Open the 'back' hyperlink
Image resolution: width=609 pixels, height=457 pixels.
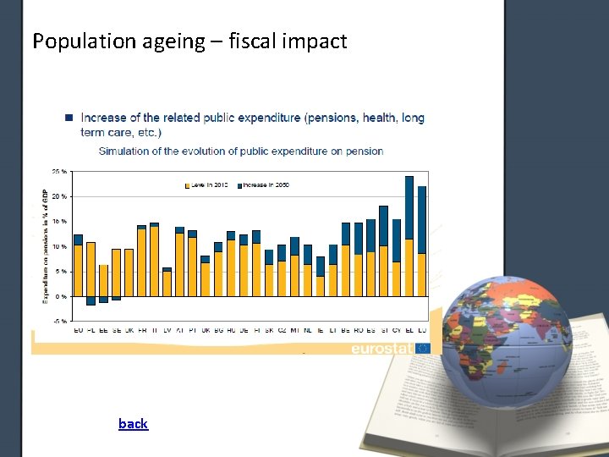click(133, 423)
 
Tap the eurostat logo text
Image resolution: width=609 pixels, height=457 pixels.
click(382, 348)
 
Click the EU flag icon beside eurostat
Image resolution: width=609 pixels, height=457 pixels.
click(423, 348)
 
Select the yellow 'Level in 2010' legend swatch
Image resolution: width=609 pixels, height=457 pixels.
click(188, 184)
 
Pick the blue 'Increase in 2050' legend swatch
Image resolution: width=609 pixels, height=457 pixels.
click(239, 184)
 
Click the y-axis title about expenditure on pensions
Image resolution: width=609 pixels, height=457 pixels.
click(46, 245)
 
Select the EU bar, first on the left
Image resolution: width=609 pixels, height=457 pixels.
click(78, 266)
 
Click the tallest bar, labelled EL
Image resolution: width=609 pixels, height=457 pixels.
click(409, 236)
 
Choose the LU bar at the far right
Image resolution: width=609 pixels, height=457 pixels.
click(422, 241)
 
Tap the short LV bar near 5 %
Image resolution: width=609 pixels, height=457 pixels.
click(167, 282)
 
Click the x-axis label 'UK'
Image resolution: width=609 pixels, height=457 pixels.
click(206, 329)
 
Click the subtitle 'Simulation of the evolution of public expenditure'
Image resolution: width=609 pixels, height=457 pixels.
click(240, 151)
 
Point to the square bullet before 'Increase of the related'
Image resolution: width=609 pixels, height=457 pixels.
click(69, 118)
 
